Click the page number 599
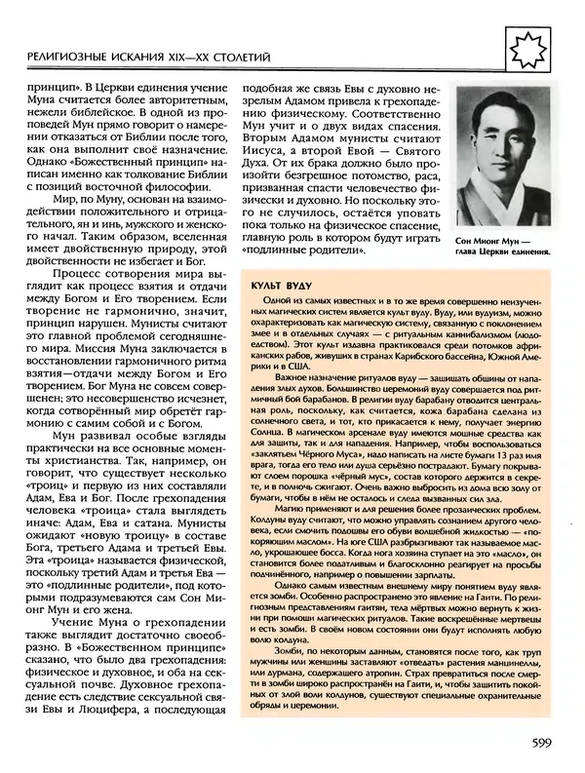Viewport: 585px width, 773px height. click(545, 745)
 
